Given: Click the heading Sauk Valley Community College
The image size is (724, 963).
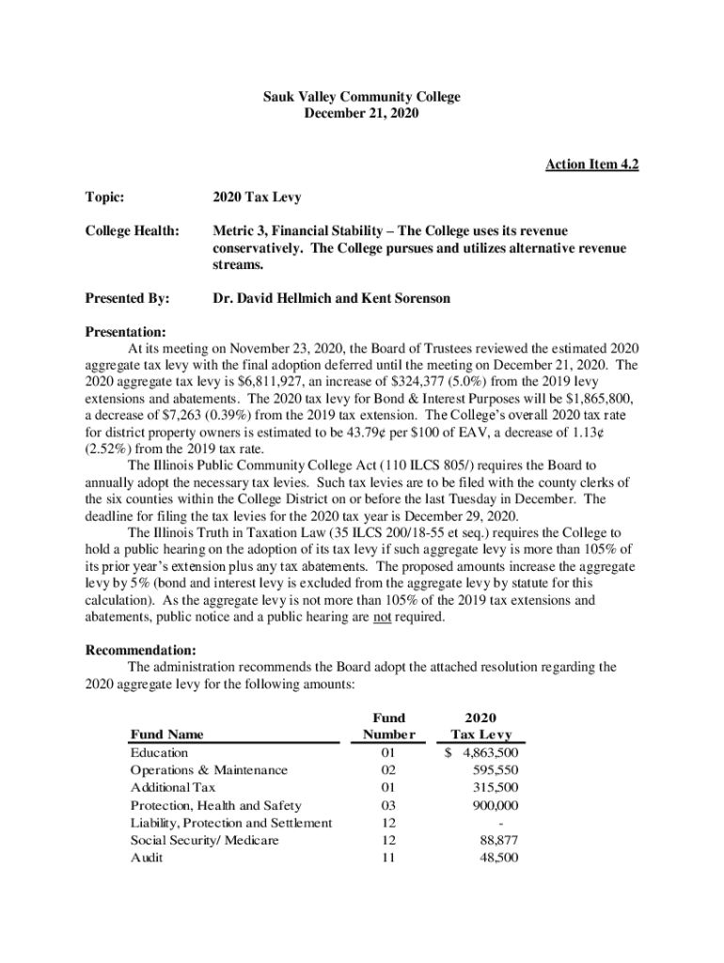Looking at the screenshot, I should (x=361, y=97).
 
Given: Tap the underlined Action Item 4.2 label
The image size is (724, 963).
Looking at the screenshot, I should (x=591, y=166).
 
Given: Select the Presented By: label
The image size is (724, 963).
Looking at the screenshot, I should (x=127, y=298).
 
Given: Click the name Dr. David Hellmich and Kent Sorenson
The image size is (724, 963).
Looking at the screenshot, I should (x=332, y=298).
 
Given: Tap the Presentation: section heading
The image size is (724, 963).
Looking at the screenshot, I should (x=126, y=332).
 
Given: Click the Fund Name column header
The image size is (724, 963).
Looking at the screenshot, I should (x=166, y=734).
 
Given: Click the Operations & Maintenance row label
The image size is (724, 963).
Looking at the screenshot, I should (x=209, y=770).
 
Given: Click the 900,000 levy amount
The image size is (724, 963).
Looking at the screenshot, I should (x=496, y=806).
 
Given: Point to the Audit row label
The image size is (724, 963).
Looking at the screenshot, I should (x=147, y=859).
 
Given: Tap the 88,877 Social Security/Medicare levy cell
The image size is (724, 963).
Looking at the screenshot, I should (x=498, y=841).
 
